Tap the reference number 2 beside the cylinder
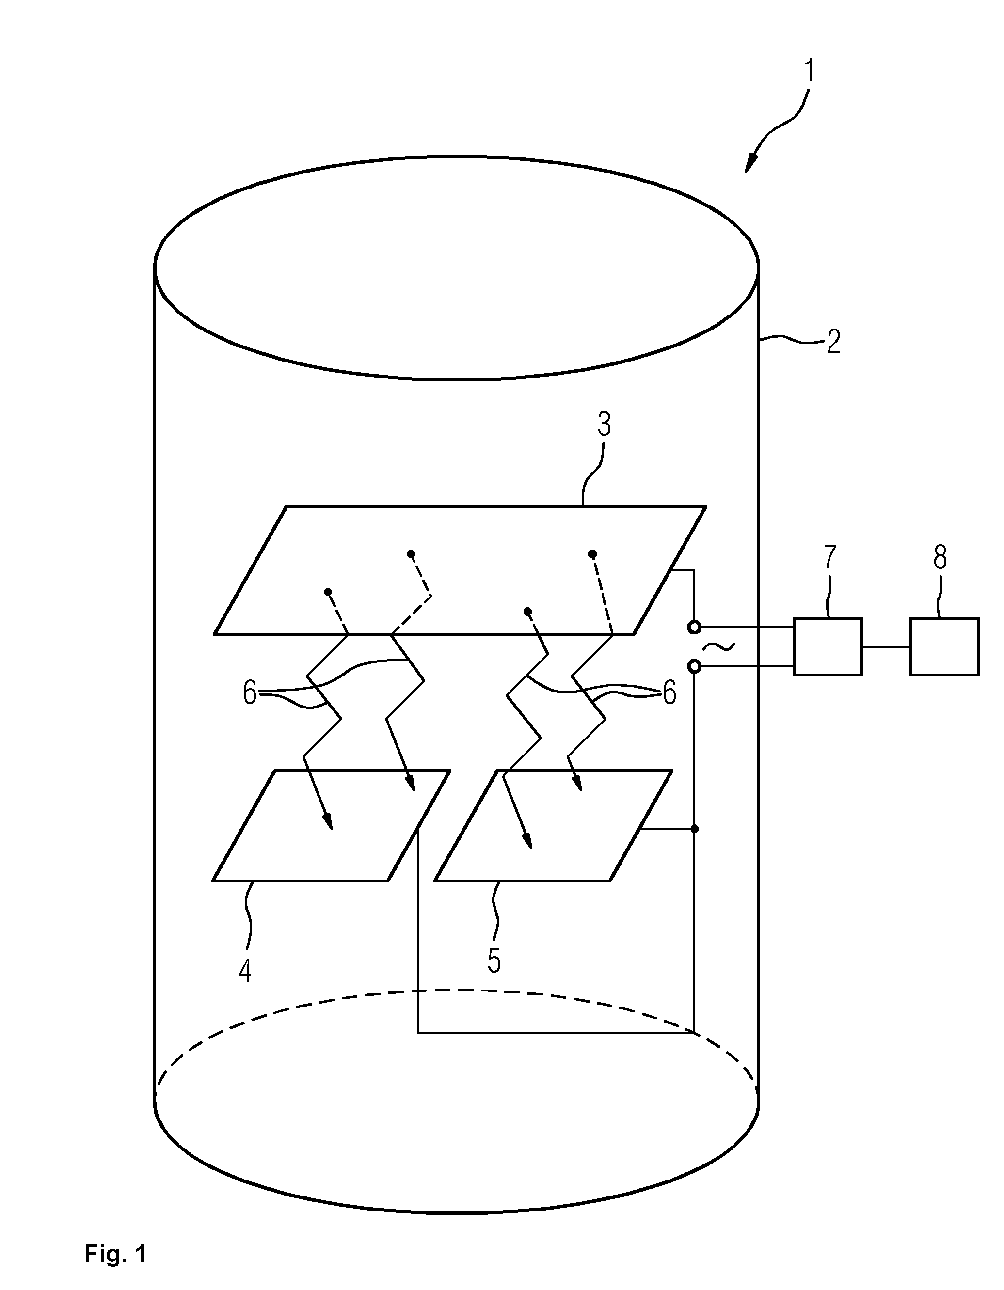click(x=833, y=342)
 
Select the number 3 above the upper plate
click(x=604, y=424)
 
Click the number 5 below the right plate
click(x=494, y=961)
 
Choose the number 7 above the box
click(x=830, y=556)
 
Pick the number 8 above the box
click(x=940, y=556)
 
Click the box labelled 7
click(x=828, y=647)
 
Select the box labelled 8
click(x=944, y=647)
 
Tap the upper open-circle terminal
click(x=695, y=627)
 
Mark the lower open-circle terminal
click(x=695, y=667)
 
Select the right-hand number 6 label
click(x=669, y=693)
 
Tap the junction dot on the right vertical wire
click(x=695, y=829)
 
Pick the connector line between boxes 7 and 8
click(x=886, y=647)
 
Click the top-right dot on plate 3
click(x=592, y=553)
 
